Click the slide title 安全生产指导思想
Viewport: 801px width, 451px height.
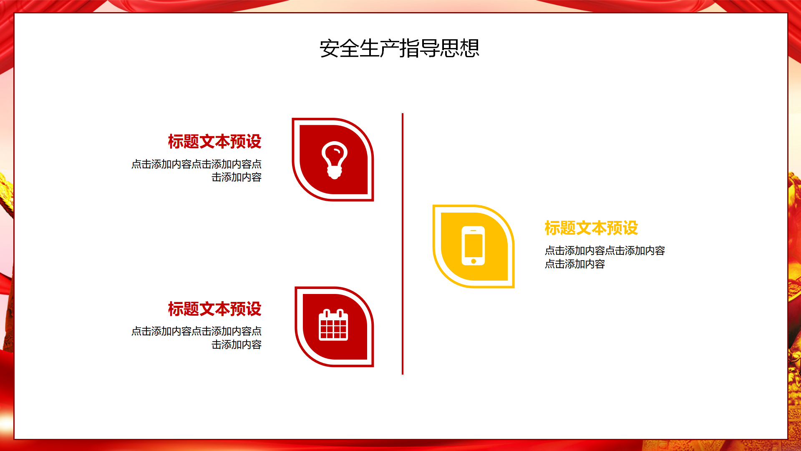click(x=399, y=48)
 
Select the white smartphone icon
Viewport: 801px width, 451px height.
click(x=473, y=246)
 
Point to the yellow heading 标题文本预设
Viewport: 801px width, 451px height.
click(x=591, y=228)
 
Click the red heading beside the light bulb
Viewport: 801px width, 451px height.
click(x=214, y=142)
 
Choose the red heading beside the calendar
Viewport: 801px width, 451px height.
click(x=214, y=309)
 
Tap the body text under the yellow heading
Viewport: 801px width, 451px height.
click(x=605, y=257)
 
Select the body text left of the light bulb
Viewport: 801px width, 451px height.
click(x=196, y=170)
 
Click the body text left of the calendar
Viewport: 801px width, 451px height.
click(x=196, y=338)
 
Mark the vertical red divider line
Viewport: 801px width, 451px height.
click(x=402, y=244)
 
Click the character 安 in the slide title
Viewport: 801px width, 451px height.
click(x=330, y=48)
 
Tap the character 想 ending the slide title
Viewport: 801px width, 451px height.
click(x=470, y=48)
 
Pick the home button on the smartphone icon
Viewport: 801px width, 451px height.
click(x=473, y=261)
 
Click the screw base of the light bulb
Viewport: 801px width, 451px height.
click(x=334, y=172)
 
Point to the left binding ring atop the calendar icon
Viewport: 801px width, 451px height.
click(x=327, y=314)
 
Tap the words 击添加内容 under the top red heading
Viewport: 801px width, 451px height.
click(x=237, y=177)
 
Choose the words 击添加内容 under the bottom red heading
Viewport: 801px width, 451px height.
click(x=237, y=345)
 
